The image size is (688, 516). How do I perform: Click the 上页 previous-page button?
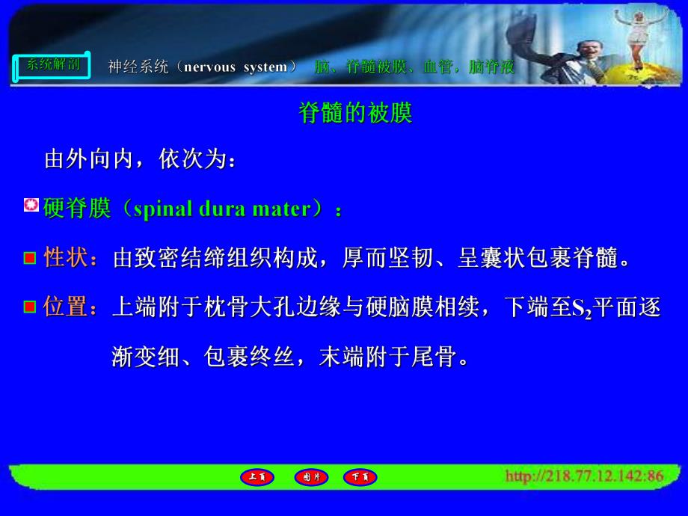click(257, 476)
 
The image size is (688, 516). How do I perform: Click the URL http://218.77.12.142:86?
click(584, 476)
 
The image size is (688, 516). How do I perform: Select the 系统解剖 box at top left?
click(52, 66)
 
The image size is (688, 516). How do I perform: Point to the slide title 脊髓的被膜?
click(355, 114)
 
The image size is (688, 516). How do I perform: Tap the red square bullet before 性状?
click(30, 259)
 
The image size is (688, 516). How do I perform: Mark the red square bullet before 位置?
click(30, 307)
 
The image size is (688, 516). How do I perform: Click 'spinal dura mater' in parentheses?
click(221, 209)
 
